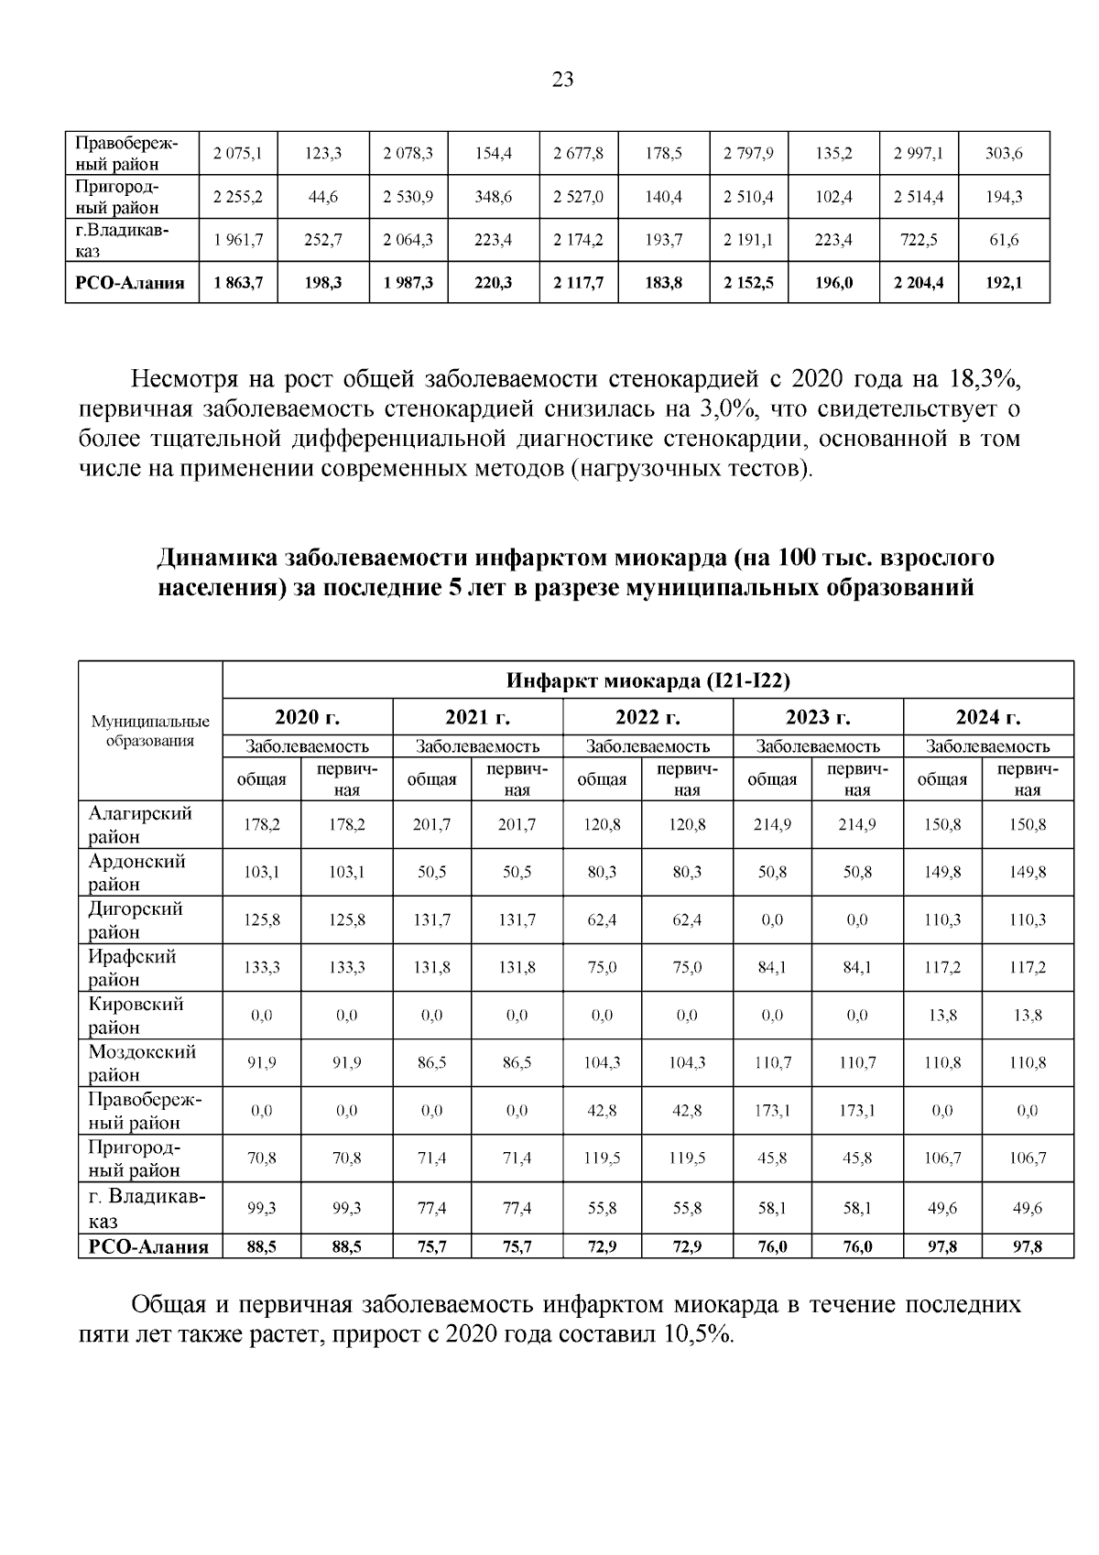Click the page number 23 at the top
click(x=562, y=80)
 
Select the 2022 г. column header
click(x=647, y=716)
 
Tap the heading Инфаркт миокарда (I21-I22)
click(x=647, y=680)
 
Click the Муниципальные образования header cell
click(x=150, y=732)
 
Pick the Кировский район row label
click(x=136, y=1016)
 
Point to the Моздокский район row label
click(x=142, y=1063)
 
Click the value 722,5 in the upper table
click(x=919, y=240)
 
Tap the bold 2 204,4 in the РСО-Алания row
click(x=919, y=283)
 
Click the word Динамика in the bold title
click(x=215, y=558)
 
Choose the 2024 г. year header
click(x=987, y=716)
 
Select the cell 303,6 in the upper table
click(x=1004, y=154)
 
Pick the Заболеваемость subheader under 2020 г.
click(x=308, y=746)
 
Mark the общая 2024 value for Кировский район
click(x=942, y=1016)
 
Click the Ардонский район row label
click(x=137, y=873)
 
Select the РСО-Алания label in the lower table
click(x=148, y=1246)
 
